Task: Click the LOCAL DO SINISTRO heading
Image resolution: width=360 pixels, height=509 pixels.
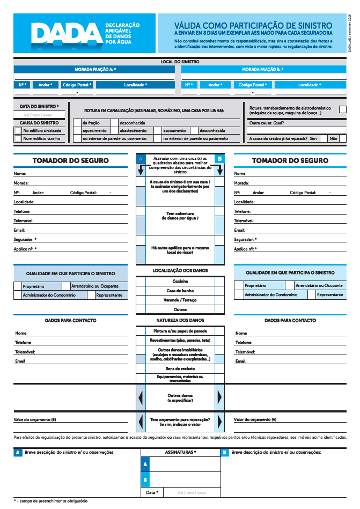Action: (180, 62)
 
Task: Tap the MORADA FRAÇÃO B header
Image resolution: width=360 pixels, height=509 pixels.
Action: (263, 69)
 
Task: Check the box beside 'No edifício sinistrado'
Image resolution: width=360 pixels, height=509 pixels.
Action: (18, 130)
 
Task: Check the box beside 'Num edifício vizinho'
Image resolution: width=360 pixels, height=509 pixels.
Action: (18, 138)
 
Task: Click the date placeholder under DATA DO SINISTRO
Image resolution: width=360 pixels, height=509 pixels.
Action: (38, 115)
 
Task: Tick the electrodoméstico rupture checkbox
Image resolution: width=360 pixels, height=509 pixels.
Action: (342, 109)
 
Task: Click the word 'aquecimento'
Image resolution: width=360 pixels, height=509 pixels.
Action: (94, 130)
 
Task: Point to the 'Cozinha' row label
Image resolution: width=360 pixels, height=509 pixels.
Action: (180, 281)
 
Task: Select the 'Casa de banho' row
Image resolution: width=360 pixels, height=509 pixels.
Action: (180, 291)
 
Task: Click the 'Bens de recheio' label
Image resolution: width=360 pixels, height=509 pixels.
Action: (180, 368)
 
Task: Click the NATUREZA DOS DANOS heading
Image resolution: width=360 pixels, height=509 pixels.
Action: (180, 320)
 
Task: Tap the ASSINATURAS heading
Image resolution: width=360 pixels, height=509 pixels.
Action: (180, 452)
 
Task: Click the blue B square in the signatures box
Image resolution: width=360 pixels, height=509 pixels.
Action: (145, 480)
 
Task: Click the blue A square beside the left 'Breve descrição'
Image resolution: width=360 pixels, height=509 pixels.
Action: (18, 453)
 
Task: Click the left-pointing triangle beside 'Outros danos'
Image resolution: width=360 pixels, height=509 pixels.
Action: (141, 397)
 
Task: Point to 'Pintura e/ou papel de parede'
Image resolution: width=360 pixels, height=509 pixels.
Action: (180, 331)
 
